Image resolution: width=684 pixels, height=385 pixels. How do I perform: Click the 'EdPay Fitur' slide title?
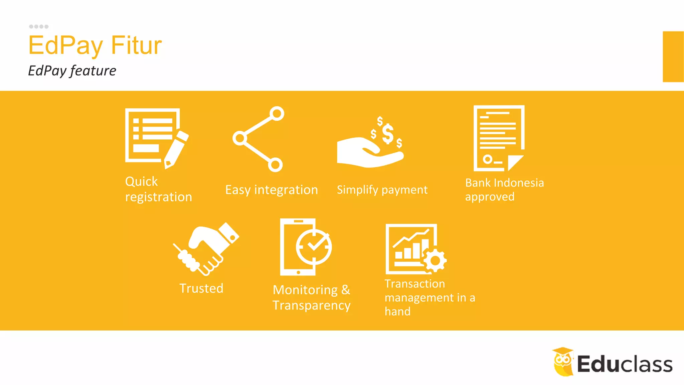tap(95, 45)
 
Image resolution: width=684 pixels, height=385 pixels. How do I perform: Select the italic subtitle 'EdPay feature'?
tap(72, 71)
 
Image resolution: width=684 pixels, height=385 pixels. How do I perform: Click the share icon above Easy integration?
tap(259, 139)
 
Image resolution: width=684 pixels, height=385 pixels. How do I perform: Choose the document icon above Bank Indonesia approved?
tap(499, 138)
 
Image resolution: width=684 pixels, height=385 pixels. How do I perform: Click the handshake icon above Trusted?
tap(206, 249)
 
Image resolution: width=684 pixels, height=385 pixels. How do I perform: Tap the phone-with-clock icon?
tap(305, 247)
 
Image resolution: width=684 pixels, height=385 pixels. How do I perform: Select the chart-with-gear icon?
tap(415, 249)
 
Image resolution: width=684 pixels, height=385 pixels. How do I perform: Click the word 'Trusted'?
tap(201, 288)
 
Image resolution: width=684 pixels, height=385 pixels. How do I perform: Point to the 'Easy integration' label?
tap(272, 190)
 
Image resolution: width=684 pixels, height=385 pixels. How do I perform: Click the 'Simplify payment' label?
tap(382, 190)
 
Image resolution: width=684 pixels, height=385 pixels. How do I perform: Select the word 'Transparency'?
tap(312, 305)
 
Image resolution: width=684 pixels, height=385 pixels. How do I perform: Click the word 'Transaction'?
tap(415, 284)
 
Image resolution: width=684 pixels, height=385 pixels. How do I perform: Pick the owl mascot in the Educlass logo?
tap(563, 362)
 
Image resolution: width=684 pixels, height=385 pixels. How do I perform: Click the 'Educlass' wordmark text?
tap(625, 364)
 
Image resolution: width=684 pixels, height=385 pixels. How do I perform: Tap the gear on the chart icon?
tap(435, 260)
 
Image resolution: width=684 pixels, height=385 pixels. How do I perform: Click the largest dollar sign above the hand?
tap(387, 133)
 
